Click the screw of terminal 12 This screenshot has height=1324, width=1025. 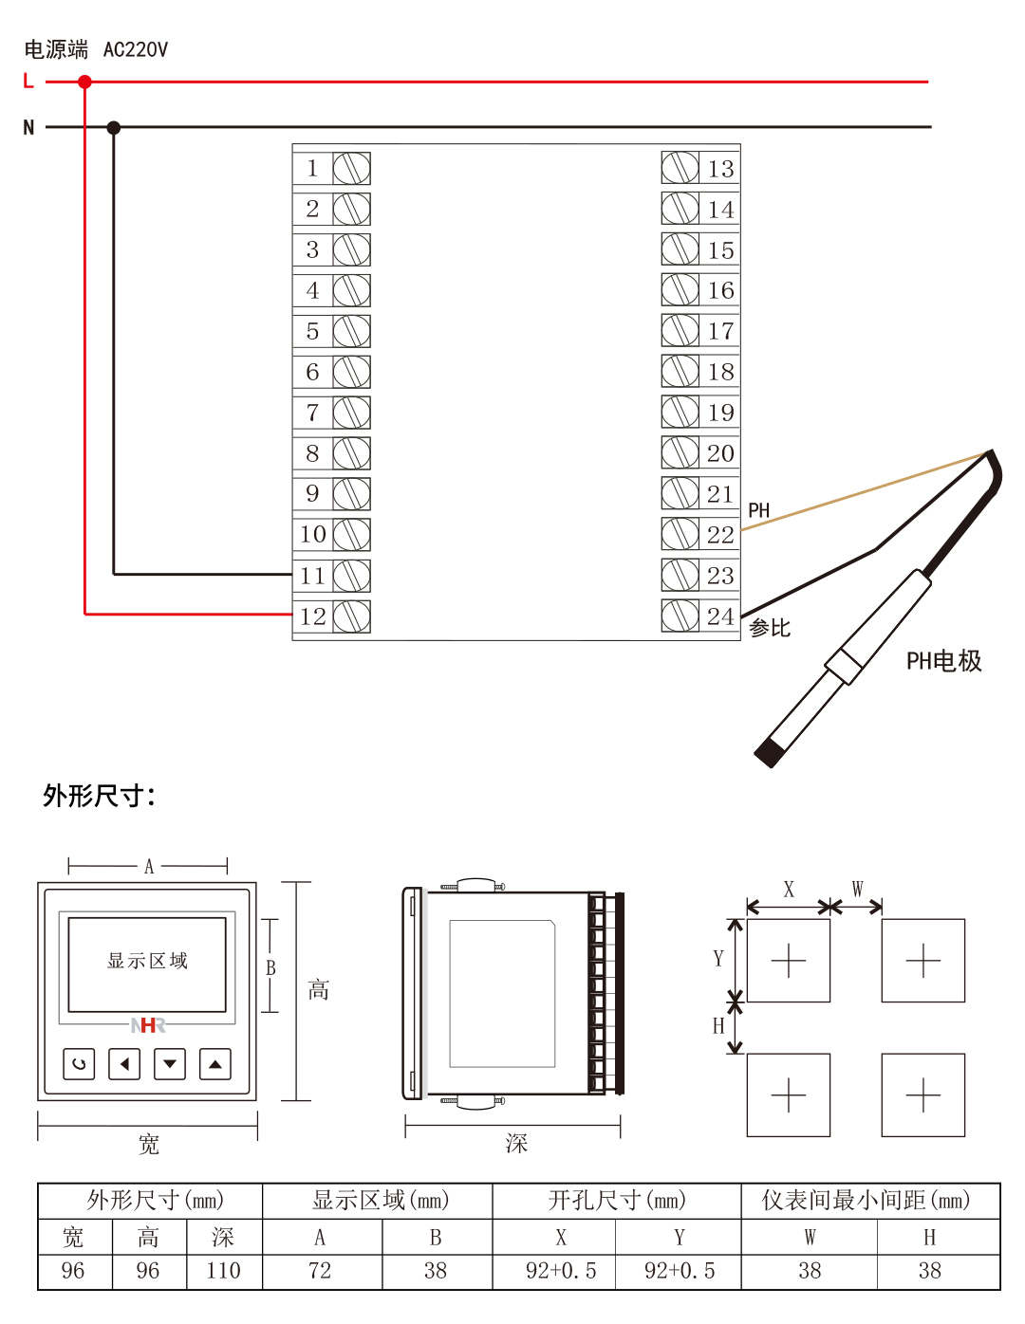351,616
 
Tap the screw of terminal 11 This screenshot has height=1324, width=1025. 351,576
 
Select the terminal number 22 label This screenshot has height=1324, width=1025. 720,535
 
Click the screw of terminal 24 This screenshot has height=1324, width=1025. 680,616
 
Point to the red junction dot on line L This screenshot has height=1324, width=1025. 85,82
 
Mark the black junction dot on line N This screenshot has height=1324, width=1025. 114,127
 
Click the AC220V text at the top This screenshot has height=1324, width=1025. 135,49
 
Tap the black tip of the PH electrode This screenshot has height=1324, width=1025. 768,754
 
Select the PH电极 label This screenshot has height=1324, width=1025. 943,661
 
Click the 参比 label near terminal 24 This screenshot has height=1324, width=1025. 770,628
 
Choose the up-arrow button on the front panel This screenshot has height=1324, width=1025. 215,1064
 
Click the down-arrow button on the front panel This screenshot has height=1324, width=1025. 170,1064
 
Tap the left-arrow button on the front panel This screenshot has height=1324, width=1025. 124,1064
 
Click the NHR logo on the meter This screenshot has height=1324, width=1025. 147,1025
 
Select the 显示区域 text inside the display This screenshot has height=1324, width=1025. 147,961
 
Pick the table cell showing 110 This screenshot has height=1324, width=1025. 224,1271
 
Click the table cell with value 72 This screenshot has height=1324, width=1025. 321,1271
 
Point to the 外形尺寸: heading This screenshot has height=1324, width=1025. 99,795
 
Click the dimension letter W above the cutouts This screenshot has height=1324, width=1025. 857,889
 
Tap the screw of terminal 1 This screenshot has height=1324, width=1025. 351,169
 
